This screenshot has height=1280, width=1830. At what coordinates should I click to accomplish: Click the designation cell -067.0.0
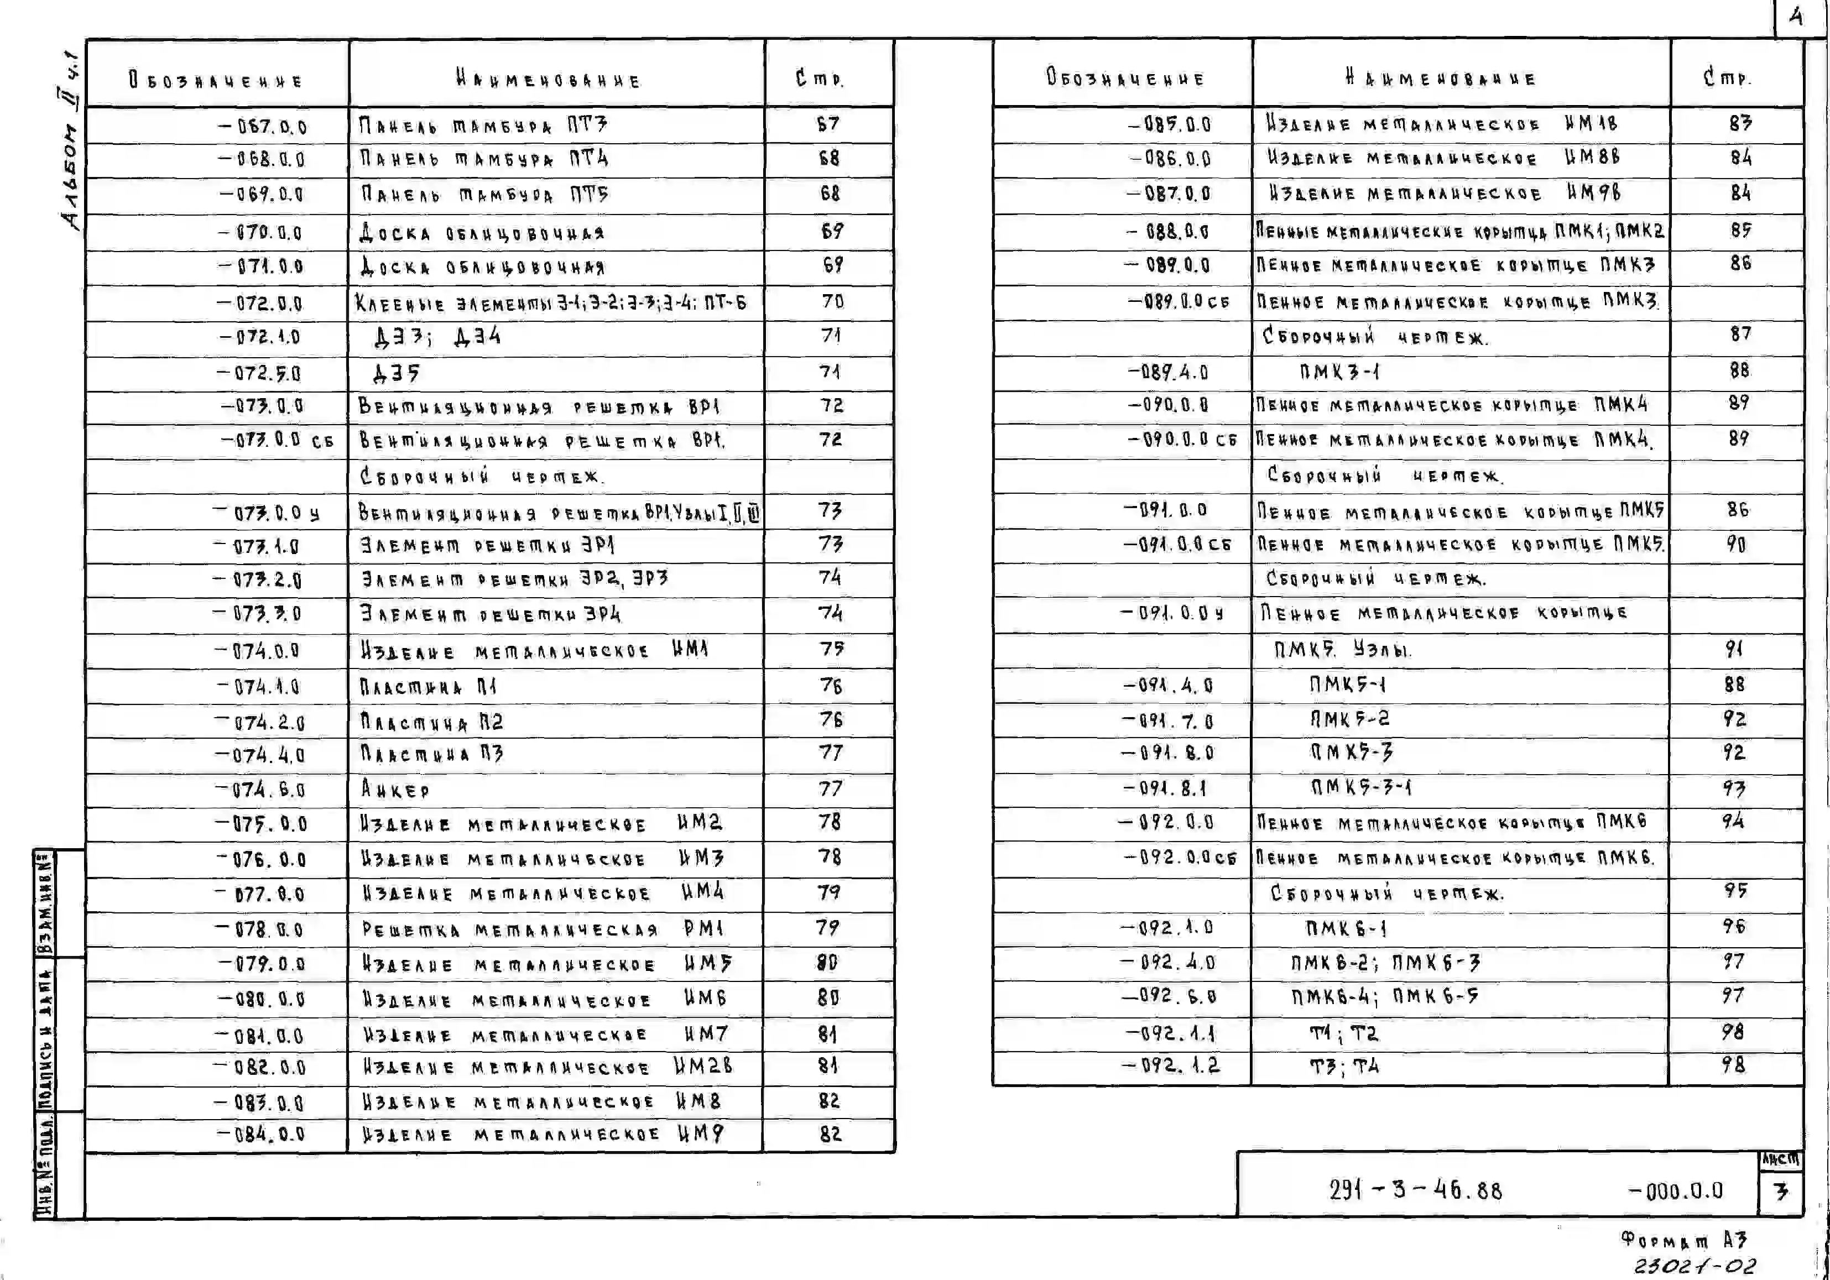pos(262,127)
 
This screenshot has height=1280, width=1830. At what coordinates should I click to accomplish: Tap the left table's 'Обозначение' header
pos(216,81)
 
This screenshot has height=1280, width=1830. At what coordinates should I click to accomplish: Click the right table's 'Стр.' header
pos(1727,77)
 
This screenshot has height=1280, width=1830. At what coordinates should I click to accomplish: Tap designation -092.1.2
pos(1170,1065)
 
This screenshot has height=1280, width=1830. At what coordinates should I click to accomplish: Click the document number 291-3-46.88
pos(1415,1190)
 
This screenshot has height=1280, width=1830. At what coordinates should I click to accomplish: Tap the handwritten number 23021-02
pos(1695,1266)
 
